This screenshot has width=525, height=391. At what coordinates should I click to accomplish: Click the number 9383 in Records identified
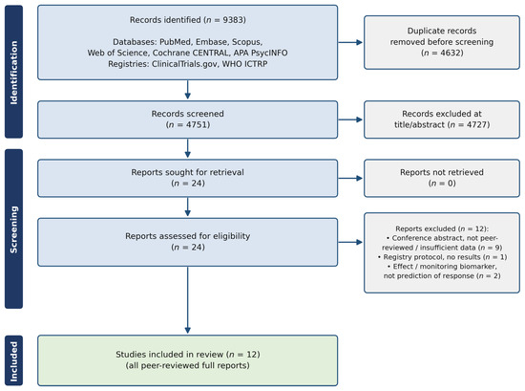[x=233, y=20]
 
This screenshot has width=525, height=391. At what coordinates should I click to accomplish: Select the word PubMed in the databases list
[x=176, y=42]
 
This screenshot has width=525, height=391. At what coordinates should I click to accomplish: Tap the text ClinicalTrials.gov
[x=184, y=64]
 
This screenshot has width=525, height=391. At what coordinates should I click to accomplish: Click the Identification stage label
[x=13, y=73]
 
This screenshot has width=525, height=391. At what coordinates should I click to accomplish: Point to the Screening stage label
[x=13, y=229]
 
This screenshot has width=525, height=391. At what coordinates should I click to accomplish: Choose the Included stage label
[x=13, y=361]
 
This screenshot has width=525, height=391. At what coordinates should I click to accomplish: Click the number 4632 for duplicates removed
[x=450, y=53]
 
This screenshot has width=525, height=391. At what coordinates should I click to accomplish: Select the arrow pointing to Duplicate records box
[x=350, y=42]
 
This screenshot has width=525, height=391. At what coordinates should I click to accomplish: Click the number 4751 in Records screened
[x=197, y=124]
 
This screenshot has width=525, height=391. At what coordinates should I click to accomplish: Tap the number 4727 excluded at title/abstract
[x=476, y=124]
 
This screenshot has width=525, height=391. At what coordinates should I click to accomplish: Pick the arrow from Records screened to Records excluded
[x=350, y=119]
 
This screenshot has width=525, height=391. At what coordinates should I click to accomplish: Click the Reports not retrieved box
[x=442, y=178]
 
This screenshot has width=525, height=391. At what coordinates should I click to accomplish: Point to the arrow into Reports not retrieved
[x=350, y=178]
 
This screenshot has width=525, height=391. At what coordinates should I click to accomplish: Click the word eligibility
[x=232, y=236]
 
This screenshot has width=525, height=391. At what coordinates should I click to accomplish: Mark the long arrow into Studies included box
[x=187, y=300]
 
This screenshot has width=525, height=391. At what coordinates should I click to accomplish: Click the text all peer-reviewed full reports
[x=187, y=365]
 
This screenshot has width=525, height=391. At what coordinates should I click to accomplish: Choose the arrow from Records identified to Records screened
[x=187, y=90]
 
